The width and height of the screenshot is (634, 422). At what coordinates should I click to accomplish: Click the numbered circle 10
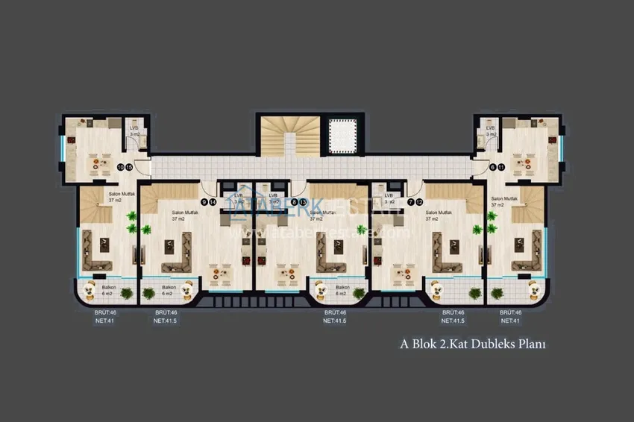click(121, 167)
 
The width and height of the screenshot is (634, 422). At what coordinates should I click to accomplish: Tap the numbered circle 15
click(129, 167)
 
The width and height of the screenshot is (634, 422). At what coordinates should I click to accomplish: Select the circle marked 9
click(204, 202)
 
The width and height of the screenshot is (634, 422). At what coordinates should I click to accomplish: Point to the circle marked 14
click(213, 202)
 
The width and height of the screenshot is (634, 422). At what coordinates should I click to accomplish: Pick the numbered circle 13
click(303, 202)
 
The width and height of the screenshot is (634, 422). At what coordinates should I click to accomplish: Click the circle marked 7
click(410, 202)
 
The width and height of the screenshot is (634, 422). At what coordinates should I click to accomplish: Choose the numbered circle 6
click(493, 167)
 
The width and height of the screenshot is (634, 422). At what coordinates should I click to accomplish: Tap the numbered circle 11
click(501, 167)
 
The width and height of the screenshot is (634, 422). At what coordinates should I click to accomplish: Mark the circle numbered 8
click(295, 202)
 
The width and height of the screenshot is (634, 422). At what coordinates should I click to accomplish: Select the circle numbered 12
click(419, 202)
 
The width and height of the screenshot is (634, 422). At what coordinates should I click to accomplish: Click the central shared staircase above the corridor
click(288, 135)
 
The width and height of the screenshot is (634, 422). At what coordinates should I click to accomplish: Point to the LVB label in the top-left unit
click(134, 129)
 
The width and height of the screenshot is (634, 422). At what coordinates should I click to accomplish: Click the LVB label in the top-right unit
click(490, 129)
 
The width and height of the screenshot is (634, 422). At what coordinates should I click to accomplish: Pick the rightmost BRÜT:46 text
click(511, 312)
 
